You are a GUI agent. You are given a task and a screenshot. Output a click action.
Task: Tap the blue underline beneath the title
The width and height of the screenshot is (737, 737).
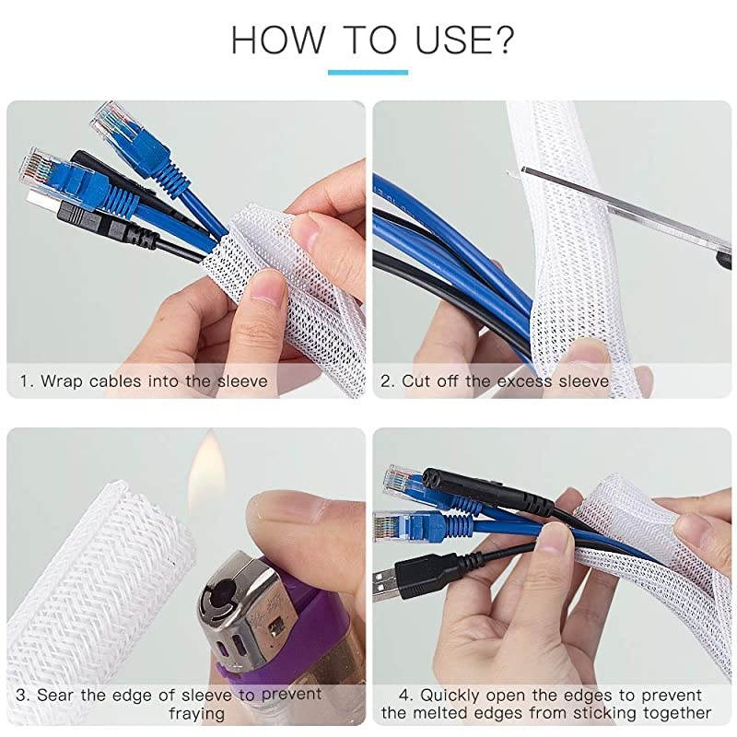click(x=368, y=72)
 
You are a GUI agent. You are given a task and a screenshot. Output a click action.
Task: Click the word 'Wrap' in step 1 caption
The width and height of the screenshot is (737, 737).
click(x=63, y=380)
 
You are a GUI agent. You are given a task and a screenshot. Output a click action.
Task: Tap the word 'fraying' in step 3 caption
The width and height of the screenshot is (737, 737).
click(x=196, y=714)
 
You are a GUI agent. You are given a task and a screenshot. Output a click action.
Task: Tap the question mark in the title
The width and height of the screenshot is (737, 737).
click(x=503, y=41)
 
